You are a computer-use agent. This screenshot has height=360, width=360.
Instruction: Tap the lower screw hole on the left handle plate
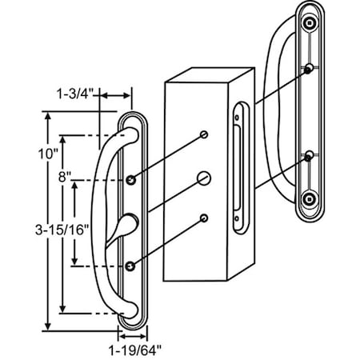click(x=130, y=264)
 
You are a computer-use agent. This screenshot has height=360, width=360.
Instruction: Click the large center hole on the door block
click(x=206, y=177)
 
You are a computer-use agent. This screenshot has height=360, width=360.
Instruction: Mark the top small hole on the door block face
click(x=205, y=134)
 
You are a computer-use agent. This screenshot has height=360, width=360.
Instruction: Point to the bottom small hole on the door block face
click(x=206, y=217)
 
